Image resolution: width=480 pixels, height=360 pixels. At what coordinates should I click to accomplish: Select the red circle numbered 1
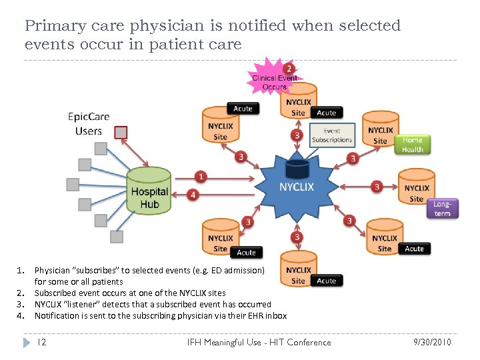(x=201, y=177)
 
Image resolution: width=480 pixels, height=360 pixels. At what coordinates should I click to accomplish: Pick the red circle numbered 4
(x=193, y=195)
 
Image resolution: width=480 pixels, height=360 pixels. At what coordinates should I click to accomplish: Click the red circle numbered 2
(x=288, y=69)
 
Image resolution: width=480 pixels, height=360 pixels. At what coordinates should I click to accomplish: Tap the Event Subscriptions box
(x=331, y=136)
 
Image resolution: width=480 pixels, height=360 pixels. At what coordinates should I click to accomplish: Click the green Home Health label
(x=412, y=145)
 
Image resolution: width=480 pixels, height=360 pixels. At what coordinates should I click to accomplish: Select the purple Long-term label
(x=442, y=209)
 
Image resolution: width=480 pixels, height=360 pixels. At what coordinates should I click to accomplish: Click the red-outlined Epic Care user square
(x=121, y=132)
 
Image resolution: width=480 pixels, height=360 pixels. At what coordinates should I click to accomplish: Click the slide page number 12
(x=41, y=342)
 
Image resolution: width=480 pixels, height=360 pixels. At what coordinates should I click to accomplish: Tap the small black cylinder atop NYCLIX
(x=297, y=166)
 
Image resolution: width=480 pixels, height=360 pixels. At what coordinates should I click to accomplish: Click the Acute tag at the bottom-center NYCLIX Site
(x=327, y=281)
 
